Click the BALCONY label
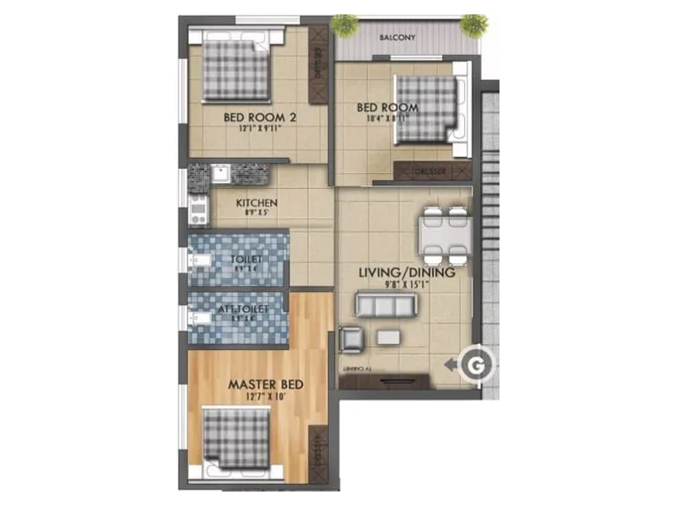396,38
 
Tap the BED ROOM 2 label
259,118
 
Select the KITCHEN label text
256,203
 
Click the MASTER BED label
266,385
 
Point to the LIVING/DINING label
407,273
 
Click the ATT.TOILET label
242,310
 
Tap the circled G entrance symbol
476,364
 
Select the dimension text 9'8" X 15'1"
408,285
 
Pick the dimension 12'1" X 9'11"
259,130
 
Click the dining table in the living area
445,235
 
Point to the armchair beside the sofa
352,339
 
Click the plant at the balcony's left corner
344,25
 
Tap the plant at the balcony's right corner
474,24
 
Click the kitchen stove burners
199,209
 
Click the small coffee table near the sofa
388,337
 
